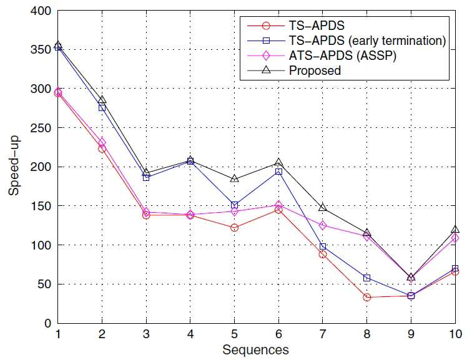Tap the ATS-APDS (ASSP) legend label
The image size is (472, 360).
342,56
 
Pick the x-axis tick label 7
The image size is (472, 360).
322,334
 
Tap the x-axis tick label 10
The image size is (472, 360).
455,334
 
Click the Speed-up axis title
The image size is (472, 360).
14,166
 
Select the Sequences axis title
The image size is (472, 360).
255,350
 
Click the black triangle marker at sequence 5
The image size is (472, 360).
235,178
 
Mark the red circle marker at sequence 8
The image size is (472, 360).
366,298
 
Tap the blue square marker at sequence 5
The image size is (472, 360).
234,205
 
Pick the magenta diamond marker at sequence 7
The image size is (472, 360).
322,225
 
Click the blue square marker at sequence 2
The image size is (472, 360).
102,108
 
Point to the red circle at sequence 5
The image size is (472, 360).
234,228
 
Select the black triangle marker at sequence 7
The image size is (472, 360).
322,208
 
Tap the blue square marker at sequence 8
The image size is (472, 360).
366,278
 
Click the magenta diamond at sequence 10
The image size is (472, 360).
455,238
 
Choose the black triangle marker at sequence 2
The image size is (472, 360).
102,100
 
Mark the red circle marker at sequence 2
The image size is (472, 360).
102,148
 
